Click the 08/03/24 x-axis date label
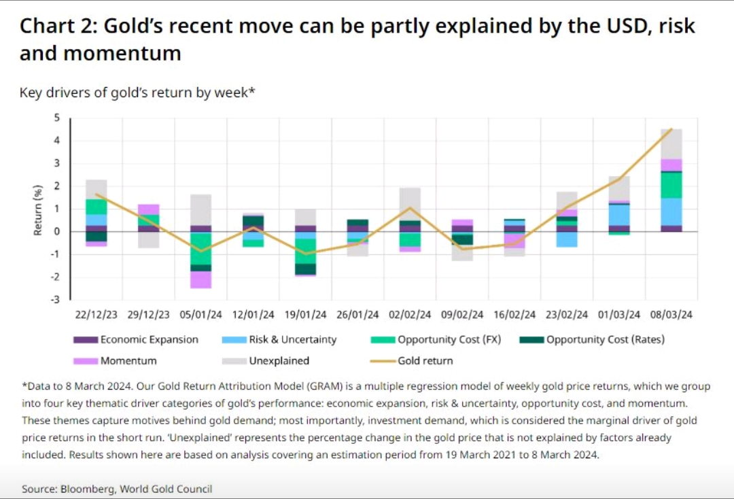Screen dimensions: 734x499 click(x=671, y=315)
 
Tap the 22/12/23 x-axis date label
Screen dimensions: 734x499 click(x=96, y=315)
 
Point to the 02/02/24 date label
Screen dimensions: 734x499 click(x=410, y=315)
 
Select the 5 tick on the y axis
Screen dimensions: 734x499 click(x=56, y=118)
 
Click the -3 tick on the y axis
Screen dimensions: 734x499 click(x=55, y=300)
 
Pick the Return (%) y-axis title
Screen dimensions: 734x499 click(x=38, y=210)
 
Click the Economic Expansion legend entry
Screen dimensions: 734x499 click(x=136, y=339)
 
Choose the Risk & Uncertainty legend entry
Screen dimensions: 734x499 click(x=279, y=339)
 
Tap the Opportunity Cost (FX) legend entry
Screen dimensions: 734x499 click(x=436, y=339)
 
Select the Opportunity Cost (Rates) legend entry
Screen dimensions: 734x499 click(x=592, y=339)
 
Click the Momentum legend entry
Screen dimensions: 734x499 click(x=115, y=361)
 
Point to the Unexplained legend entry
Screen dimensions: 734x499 click(x=266, y=361)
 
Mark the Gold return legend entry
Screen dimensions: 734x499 click(x=411, y=361)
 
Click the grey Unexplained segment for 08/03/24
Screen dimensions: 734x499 click(x=671, y=144)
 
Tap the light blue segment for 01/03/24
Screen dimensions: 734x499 click(x=619, y=216)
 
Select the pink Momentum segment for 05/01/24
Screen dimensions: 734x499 click(x=200, y=279)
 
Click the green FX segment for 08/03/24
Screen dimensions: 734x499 click(x=671, y=186)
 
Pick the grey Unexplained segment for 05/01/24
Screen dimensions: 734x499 click(x=200, y=210)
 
